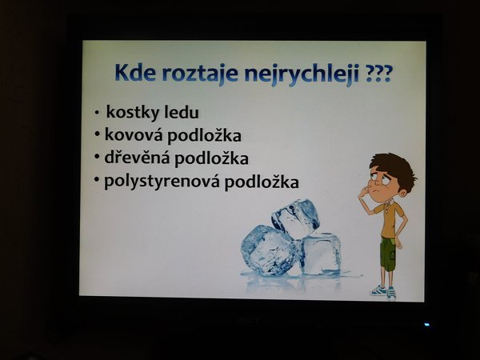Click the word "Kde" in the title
135,73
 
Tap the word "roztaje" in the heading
200,74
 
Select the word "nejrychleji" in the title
302,75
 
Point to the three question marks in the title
378,74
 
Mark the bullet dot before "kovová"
98,134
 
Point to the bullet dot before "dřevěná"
98,157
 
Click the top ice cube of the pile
294,218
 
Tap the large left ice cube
269,250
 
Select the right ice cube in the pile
321,253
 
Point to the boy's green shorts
389,254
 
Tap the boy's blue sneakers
384,292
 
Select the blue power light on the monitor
426,325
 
